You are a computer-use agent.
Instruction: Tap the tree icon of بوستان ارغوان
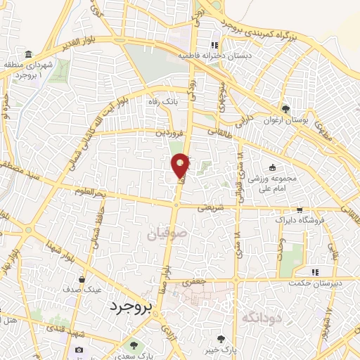pyautogui.click(x=285, y=109)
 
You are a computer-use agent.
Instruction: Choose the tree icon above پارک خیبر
pyautogui.click(x=223, y=337)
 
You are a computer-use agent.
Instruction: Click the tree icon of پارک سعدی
pyautogui.click(x=133, y=346)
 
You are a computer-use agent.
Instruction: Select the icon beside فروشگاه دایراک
pyautogui.click(x=300, y=210)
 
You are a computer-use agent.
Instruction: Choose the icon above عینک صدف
pyautogui.click(x=83, y=278)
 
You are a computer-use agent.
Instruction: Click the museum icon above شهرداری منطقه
pyautogui.click(x=27, y=55)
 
